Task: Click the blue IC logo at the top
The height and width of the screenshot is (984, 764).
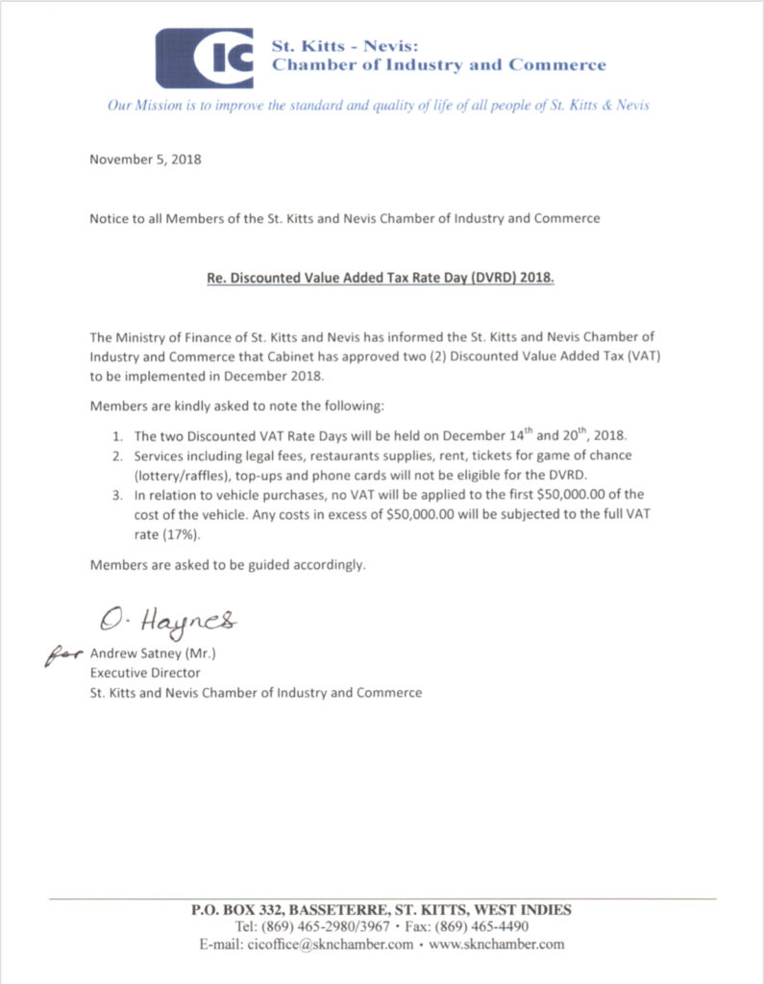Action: point(205,58)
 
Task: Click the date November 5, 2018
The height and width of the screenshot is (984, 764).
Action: point(145,160)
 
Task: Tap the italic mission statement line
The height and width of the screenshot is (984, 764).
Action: point(378,105)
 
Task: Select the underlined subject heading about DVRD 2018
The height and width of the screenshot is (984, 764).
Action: point(381,280)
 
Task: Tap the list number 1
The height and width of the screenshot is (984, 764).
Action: point(118,436)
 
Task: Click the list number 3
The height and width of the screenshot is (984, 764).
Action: point(118,494)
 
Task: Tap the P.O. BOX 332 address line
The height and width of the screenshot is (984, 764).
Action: point(382,909)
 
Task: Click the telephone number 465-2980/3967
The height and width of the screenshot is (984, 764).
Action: point(342,926)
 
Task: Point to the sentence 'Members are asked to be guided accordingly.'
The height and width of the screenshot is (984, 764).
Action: point(228,565)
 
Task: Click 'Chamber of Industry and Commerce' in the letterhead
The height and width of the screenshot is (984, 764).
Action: point(439,65)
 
